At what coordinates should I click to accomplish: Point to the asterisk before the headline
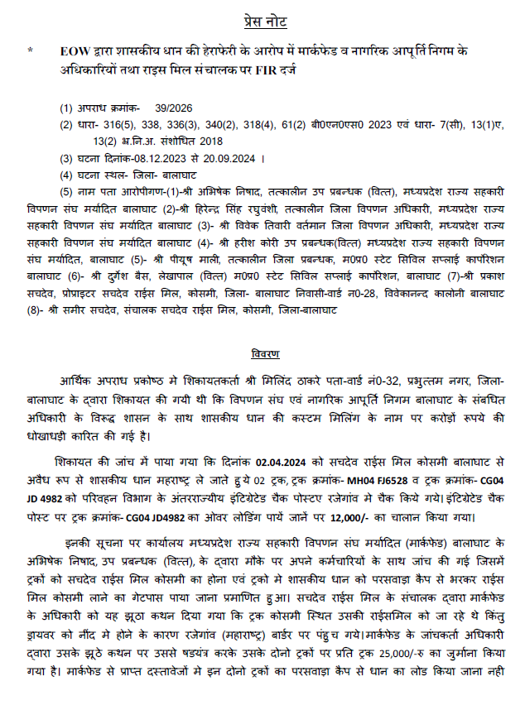point(31,51)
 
